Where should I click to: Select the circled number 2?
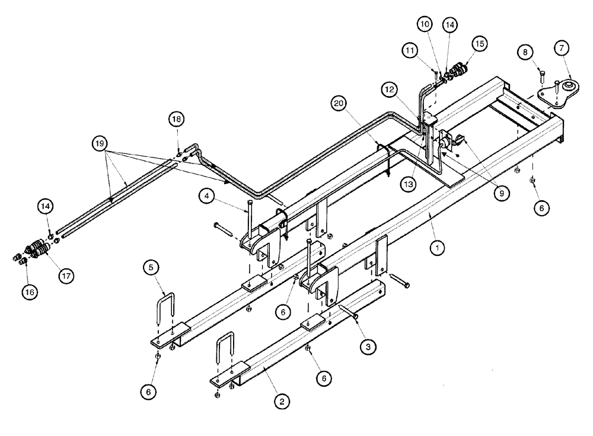click(282, 400)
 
